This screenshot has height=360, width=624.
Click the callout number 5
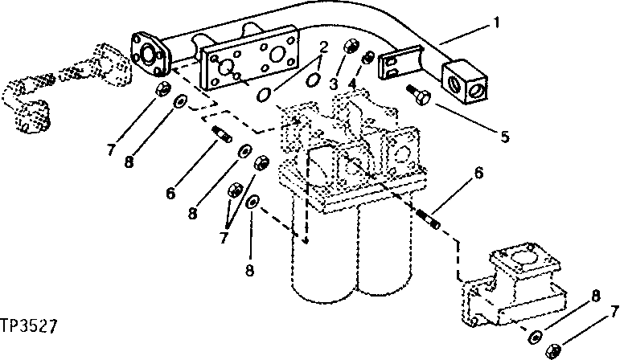pyautogui.click(x=504, y=136)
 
